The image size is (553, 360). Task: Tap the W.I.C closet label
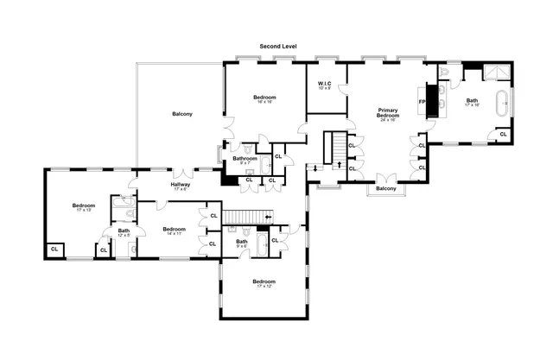pyautogui.click(x=324, y=85)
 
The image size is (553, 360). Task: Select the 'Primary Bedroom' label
pyautogui.click(x=386, y=114)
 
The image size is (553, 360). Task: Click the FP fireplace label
pyautogui.click(x=423, y=103)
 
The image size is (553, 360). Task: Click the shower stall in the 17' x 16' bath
pyautogui.click(x=496, y=71)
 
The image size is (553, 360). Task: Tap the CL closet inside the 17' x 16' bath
pyautogui.click(x=502, y=134)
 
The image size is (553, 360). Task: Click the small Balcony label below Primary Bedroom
pyautogui.click(x=386, y=188)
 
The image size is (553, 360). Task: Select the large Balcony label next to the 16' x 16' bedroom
pyautogui.click(x=181, y=114)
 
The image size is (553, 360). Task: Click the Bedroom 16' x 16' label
pyautogui.click(x=264, y=99)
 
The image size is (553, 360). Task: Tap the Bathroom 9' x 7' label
pyautogui.click(x=245, y=161)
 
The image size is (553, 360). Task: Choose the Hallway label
pyautogui.click(x=180, y=186)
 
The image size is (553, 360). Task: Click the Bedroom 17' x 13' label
pyautogui.click(x=84, y=207)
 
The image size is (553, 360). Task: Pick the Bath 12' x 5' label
pyautogui.click(x=124, y=232)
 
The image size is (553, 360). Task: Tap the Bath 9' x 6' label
pyautogui.click(x=241, y=243)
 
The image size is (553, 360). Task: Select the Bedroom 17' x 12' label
pyautogui.click(x=264, y=283)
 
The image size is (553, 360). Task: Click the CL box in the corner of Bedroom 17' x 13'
pyautogui.click(x=54, y=249)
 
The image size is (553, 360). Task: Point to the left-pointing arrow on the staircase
pyautogui.click(x=268, y=217)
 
